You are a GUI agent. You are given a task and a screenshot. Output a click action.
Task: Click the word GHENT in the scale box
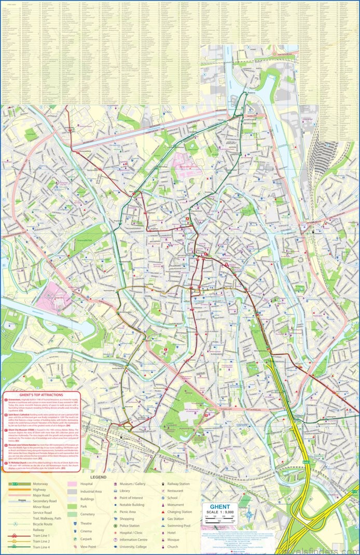pyautogui.click(x=219, y=507)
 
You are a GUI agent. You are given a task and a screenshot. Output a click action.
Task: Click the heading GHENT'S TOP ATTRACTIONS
pyautogui.click(x=41, y=395)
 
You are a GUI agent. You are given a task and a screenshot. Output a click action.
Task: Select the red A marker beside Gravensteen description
pyautogui.click(x=6, y=400)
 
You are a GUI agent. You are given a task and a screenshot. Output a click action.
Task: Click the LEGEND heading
pyautogui.click(x=98, y=476)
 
